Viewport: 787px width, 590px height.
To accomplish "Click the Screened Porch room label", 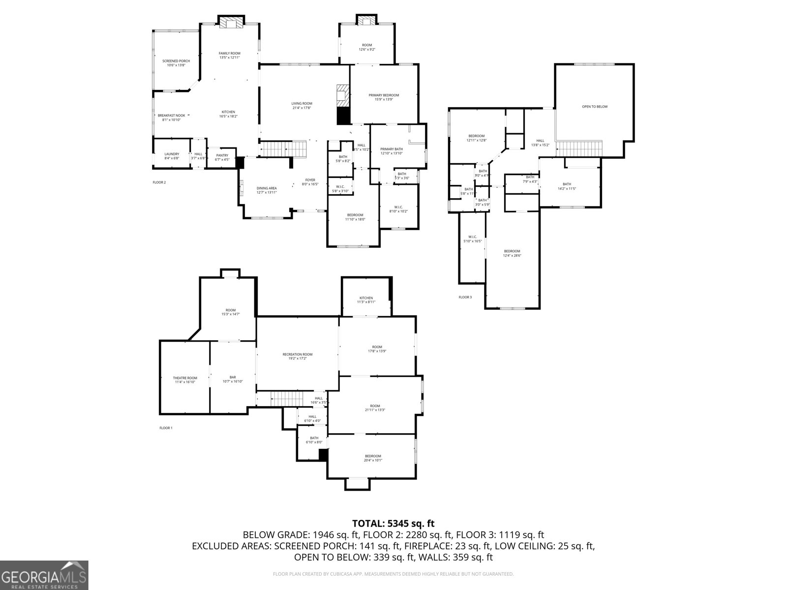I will pyautogui.click(x=176, y=61).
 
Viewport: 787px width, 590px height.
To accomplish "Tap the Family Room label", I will pyautogui.click(x=230, y=53).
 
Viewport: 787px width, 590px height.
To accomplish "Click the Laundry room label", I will pyautogui.click(x=172, y=154).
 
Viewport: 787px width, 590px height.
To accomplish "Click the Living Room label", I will pyautogui.click(x=302, y=103).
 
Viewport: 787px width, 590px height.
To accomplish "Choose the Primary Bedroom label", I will pyautogui.click(x=384, y=95).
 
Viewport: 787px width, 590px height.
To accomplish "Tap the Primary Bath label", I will pyautogui.click(x=392, y=149).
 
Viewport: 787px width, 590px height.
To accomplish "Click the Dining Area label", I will pyautogui.click(x=267, y=188).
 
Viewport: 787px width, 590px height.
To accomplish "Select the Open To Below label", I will pyautogui.click(x=595, y=106).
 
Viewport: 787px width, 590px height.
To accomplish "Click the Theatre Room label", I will pyautogui.click(x=185, y=378).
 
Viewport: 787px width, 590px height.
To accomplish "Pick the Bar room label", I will pyautogui.click(x=233, y=377).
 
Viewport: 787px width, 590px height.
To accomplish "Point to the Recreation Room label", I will pyautogui.click(x=298, y=354).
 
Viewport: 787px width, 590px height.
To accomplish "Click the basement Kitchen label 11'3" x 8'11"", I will pyautogui.click(x=366, y=298).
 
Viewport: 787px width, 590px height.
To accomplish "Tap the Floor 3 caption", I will pyautogui.click(x=465, y=297).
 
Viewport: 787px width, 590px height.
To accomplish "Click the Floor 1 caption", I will pyautogui.click(x=166, y=428).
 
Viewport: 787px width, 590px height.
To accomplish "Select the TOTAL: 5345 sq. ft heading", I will pyautogui.click(x=393, y=524).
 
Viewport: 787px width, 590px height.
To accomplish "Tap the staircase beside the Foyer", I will pyautogui.click(x=283, y=148).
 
